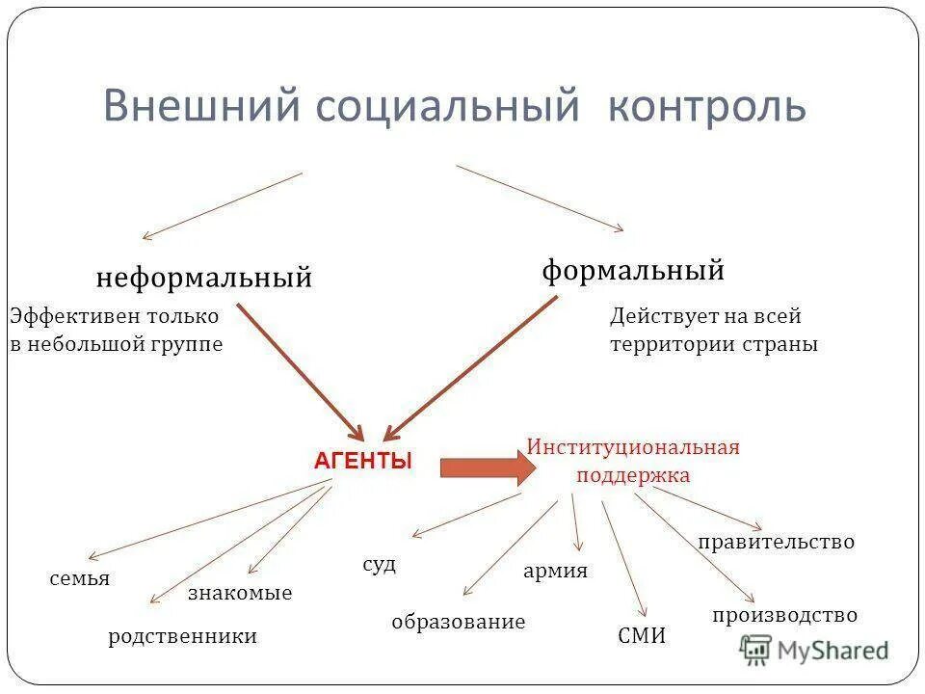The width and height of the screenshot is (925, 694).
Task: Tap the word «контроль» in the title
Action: coord(706,106)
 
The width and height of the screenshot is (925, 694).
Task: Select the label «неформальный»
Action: coord(204,279)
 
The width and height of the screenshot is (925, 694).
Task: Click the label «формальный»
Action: coord(633,271)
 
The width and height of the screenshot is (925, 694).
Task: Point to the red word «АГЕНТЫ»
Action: coord(363,462)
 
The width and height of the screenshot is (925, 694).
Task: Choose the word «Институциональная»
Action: coord(633,447)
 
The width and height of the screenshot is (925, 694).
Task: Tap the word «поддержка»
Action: coord(633,475)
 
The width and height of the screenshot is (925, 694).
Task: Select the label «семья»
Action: coord(79,579)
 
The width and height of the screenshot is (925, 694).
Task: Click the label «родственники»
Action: coord(183,636)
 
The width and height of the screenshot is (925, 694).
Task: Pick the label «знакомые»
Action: coord(240,594)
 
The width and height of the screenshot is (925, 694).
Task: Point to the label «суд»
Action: coord(379,565)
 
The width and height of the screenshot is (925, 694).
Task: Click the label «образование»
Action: coord(459,622)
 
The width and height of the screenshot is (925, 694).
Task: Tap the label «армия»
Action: coord(555,571)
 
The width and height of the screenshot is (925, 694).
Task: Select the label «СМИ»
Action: coord(641,636)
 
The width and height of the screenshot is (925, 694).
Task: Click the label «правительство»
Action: coord(776,543)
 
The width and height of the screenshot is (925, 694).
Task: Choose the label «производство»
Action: coord(784,615)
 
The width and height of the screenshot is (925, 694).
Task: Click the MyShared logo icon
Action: coord(755,650)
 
